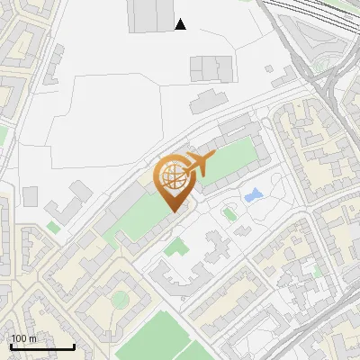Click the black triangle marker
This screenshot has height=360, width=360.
pyautogui.click(x=181, y=24)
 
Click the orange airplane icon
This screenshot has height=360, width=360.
pyautogui.click(x=199, y=166)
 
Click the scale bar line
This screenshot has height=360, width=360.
pyautogui.click(x=42, y=347)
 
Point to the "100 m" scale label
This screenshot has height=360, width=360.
pyautogui.click(x=24, y=338)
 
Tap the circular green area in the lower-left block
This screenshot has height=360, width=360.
pyautogui.click(x=121, y=299)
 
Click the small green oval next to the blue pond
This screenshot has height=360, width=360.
pyautogui.click(x=229, y=214)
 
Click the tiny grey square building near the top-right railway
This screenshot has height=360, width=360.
pyautogui.click(x=270, y=67)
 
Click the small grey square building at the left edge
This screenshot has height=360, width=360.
pyautogui.click(x=31, y=195)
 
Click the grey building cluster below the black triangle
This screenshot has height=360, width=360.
pyautogui.click(x=211, y=67)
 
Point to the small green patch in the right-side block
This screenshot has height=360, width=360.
pyautogui.click(x=316, y=268)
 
